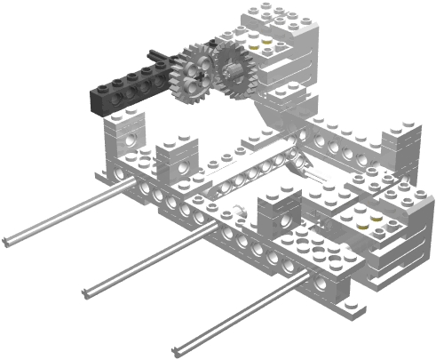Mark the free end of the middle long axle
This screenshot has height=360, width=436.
click(x=87, y=294)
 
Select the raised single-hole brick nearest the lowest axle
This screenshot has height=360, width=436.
click(x=278, y=213)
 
